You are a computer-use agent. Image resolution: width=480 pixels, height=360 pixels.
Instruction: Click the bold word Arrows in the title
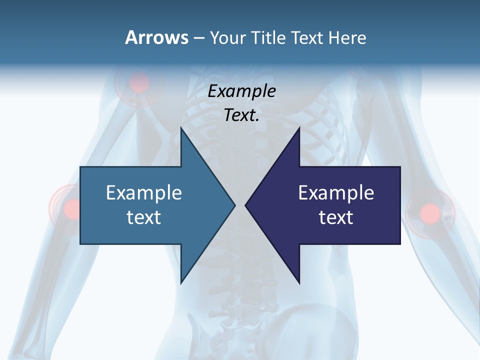(x=156, y=37)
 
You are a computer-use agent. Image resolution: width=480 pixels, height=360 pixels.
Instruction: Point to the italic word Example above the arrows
(x=241, y=91)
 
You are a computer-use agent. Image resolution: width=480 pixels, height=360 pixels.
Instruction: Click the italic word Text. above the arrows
(x=241, y=115)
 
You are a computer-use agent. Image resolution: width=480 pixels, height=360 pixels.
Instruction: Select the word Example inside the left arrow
(x=143, y=192)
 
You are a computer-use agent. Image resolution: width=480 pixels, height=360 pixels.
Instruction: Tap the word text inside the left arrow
(x=143, y=217)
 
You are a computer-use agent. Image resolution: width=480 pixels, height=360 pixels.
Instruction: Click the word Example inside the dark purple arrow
(x=336, y=192)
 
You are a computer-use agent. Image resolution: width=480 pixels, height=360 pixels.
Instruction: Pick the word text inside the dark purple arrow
(x=336, y=217)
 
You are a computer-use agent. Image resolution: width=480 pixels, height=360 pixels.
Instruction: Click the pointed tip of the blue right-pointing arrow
(x=235, y=205)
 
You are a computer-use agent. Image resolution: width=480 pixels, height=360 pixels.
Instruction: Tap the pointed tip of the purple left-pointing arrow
(x=245, y=205)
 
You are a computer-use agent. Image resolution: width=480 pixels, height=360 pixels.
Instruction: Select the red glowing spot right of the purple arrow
(x=430, y=212)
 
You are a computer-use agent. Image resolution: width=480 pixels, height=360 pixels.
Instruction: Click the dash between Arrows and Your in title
(x=198, y=38)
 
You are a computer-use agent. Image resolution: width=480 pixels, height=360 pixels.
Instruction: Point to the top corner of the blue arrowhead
(x=181, y=127)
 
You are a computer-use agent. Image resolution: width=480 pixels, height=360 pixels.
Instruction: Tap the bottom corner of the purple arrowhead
(x=299, y=283)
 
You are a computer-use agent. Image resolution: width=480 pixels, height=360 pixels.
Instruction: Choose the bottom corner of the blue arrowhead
(x=181, y=283)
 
